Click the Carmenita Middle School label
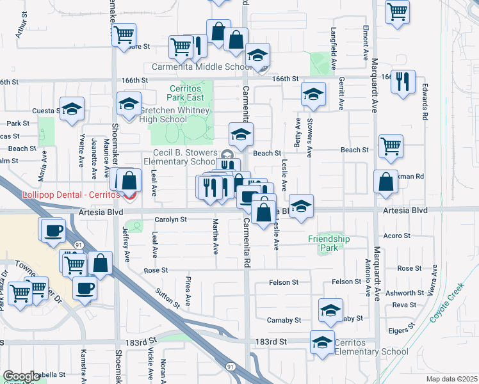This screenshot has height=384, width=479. (202, 67)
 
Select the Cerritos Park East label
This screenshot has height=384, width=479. (186, 92)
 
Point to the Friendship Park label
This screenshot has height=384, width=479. (329, 239)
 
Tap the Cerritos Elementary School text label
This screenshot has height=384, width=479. (371, 347)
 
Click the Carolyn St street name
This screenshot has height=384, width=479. (170, 219)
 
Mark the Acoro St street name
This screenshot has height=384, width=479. (398, 236)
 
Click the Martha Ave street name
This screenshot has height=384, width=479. (216, 233)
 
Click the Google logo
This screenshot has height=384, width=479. (21, 376)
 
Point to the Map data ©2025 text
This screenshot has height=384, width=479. (451, 379)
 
